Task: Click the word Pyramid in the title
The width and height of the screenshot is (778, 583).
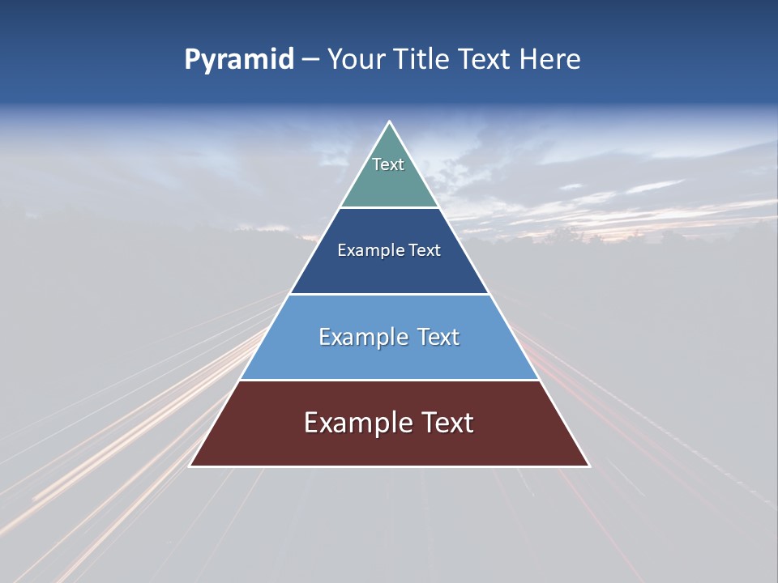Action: point(238,60)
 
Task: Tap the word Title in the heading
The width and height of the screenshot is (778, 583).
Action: point(426,60)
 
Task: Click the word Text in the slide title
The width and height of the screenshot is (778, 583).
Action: point(486,60)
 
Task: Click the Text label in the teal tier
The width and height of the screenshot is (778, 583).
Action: point(388,164)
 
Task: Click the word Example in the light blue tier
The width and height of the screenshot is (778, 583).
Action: point(362,337)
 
